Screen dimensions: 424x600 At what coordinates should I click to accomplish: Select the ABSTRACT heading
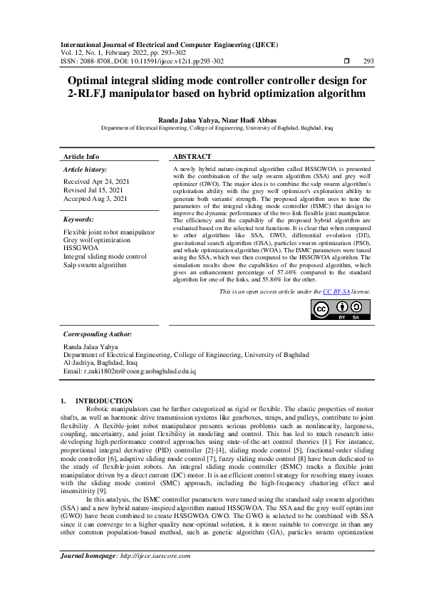point(192,157)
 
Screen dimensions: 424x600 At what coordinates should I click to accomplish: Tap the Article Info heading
point(82,157)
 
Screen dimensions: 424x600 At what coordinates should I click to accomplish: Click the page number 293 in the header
point(368,61)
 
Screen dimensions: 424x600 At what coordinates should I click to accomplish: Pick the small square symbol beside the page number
point(346,61)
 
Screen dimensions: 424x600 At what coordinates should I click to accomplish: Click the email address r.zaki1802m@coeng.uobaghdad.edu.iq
point(138,371)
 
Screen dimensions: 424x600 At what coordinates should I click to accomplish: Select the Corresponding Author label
point(97,333)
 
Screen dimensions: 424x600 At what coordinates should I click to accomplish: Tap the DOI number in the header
point(168,61)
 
